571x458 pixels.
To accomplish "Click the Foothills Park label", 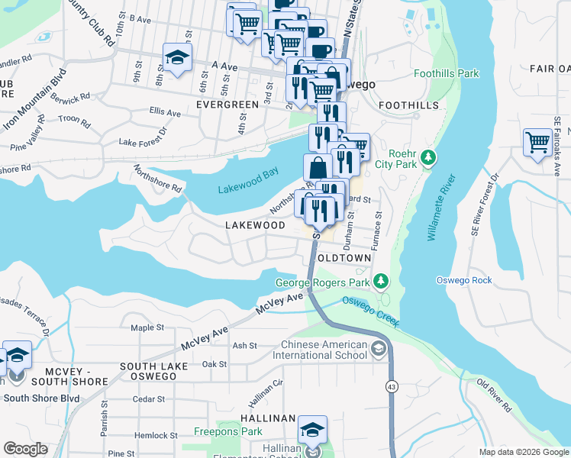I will [x=446, y=74].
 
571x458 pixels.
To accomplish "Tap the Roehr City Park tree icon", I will [x=429, y=157].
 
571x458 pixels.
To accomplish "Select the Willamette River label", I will [x=441, y=207].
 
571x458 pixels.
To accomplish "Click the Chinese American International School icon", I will [x=377, y=350].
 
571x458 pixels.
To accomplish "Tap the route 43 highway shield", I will [x=391, y=388].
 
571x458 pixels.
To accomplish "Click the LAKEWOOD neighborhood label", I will [x=255, y=226].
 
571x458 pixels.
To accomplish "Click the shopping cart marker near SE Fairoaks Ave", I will [x=538, y=142].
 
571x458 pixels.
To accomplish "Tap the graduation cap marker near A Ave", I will [x=177, y=58].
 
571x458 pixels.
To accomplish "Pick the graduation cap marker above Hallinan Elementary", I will [x=311, y=431].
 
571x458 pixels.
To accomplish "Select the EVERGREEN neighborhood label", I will [x=227, y=104].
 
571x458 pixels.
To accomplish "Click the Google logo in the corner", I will [x=25, y=449].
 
